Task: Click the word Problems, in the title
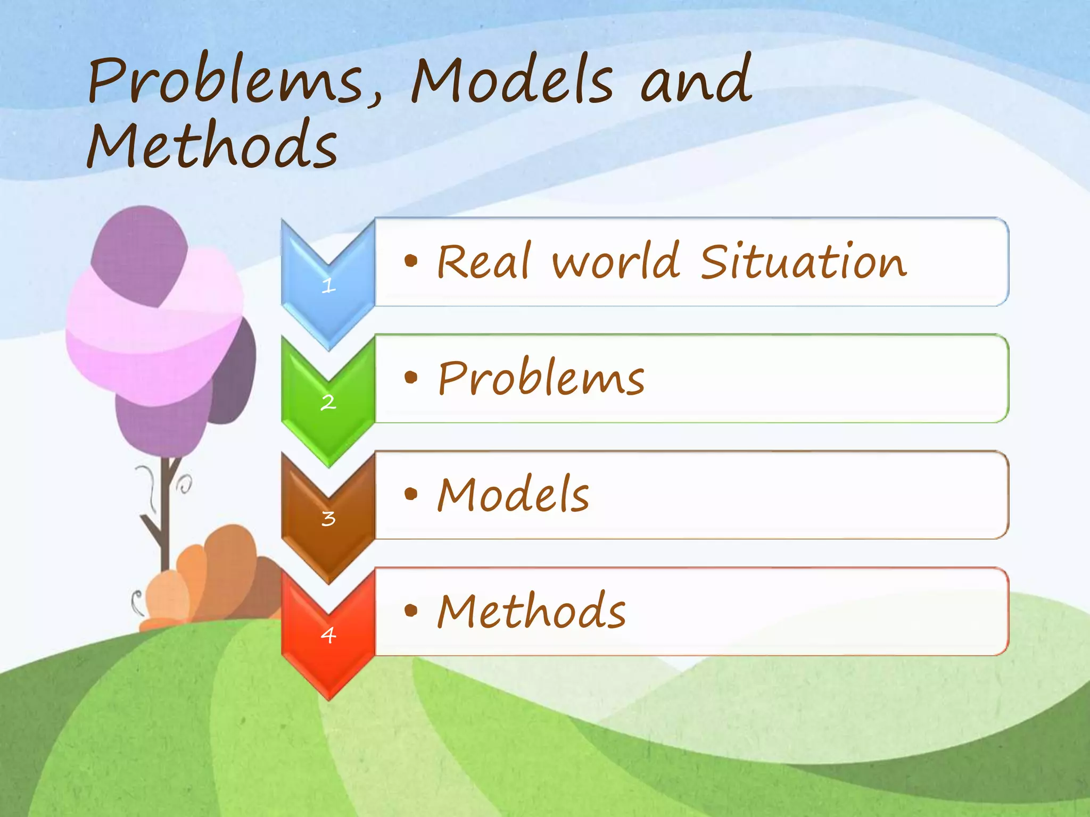(x=234, y=80)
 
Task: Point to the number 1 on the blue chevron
(x=328, y=286)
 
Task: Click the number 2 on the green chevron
(x=328, y=402)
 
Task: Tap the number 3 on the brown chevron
(x=328, y=518)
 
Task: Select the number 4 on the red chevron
(x=328, y=635)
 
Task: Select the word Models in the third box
(x=513, y=495)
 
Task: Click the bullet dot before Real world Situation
(x=410, y=261)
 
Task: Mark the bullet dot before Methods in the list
(x=410, y=610)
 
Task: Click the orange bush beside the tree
(x=224, y=574)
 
